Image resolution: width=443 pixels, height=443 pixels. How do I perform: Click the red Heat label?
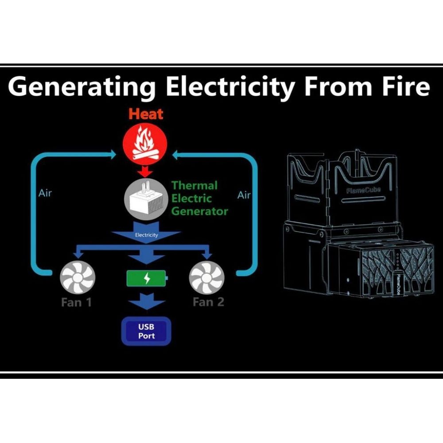(146, 114)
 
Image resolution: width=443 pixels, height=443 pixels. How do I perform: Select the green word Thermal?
(194, 185)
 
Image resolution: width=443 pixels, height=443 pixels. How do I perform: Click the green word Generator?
(199, 211)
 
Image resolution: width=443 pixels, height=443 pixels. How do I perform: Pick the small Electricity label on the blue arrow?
(146, 235)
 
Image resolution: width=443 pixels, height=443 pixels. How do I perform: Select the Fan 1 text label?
(76, 303)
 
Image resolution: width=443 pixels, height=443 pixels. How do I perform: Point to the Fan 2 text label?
(208, 303)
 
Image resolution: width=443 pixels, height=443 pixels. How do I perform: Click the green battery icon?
(147, 279)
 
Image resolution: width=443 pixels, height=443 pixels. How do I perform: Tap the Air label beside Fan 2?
(244, 195)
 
